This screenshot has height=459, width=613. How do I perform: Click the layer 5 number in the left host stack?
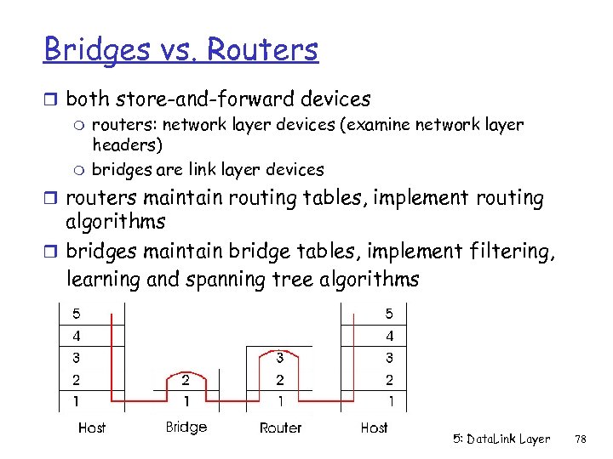pos(77,314)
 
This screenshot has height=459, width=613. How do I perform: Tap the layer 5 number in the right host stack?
pos(390,314)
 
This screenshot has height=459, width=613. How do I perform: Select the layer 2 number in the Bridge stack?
pos(186,379)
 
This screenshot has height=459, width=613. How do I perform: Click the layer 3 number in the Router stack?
pos(279,358)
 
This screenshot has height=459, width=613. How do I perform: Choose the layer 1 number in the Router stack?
pos(279,400)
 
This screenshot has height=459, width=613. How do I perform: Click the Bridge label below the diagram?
pos(186,427)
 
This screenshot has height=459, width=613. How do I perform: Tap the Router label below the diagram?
pos(280,428)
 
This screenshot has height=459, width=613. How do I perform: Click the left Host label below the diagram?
pos(92,428)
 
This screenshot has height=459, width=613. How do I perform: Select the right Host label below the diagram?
pos(374,428)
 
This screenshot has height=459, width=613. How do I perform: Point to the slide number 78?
pos(581,439)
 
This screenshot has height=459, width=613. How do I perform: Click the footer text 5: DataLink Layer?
pos(501,439)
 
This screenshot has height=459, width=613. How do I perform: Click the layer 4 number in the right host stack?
pos(390,336)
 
